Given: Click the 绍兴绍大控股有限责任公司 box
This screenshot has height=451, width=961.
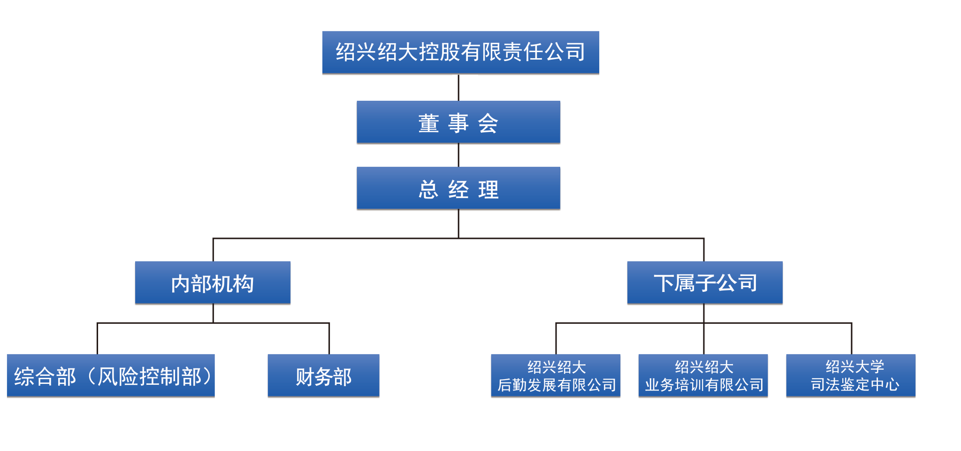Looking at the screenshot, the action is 460,53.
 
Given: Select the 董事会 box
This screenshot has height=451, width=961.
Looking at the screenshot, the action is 458,122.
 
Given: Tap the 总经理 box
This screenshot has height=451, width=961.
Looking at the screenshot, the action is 458,188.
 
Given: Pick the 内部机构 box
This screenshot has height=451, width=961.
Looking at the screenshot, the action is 213,283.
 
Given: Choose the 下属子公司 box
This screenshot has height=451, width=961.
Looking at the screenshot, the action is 705,283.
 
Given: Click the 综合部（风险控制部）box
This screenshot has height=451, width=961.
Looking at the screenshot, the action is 111,375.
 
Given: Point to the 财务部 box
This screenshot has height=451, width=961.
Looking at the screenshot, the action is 323,375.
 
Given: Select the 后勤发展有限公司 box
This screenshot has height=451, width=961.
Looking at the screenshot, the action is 556,375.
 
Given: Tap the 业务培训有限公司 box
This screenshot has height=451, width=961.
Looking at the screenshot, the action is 703,375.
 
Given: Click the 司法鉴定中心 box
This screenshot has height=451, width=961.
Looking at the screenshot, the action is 851,375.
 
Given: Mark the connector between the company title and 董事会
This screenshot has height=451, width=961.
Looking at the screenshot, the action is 458,87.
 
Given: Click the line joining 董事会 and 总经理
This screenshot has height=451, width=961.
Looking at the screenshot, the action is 458,155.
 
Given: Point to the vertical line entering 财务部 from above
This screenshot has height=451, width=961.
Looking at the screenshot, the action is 329,338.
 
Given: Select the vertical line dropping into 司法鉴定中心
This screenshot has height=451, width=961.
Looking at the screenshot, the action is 851,338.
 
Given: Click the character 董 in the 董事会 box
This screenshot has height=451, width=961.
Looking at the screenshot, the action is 428,123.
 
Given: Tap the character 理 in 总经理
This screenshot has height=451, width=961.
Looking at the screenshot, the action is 488,190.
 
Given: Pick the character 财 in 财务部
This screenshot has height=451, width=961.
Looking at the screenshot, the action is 305,377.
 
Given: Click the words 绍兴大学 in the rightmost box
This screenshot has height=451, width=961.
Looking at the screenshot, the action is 854,367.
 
